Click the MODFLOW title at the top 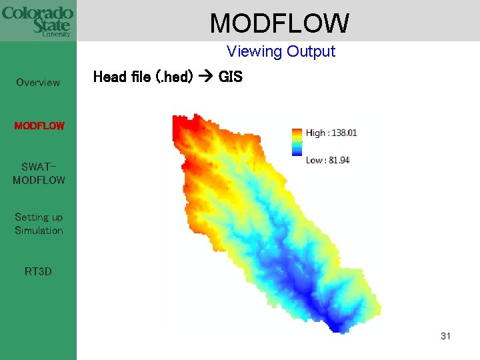click(x=279, y=23)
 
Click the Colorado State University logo click(x=37, y=21)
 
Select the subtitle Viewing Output click(x=281, y=51)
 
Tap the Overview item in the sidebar click(x=38, y=83)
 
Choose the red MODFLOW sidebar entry click(x=39, y=125)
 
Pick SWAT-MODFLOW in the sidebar click(x=39, y=173)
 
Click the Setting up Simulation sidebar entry click(x=39, y=224)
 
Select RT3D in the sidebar click(x=38, y=271)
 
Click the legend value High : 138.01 click(x=331, y=133)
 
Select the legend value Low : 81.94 click(x=328, y=160)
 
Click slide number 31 click(x=445, y=336)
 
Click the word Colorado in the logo click(x=37, y=13)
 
